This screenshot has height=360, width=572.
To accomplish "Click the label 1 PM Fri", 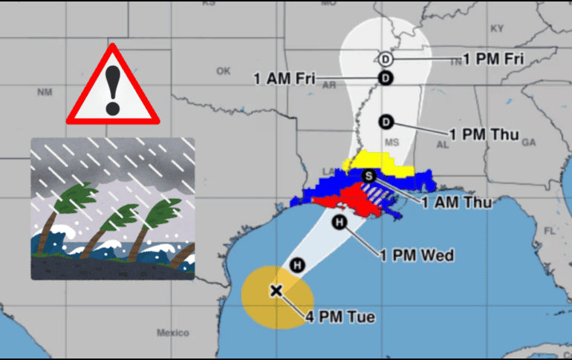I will pyautogui.click(x=493, y=59).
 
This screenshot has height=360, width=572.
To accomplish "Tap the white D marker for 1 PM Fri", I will pyautogui.click(x=385, y=59).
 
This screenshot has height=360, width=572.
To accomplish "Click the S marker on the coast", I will pyautogui.click(x=369, y=175).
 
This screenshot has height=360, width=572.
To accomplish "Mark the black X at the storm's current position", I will pyautogui.click(x=276, y=290).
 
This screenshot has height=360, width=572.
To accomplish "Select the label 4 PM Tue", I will pyautogui.click(x=340, y=318).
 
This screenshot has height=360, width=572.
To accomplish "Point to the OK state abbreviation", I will pyautogui.click(x=224, y=71).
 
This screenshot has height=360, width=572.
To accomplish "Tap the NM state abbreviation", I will pyautogui.click(x=45, y=92).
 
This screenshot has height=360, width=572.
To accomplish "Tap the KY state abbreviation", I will pyautogui.click(x=497, y=28).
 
